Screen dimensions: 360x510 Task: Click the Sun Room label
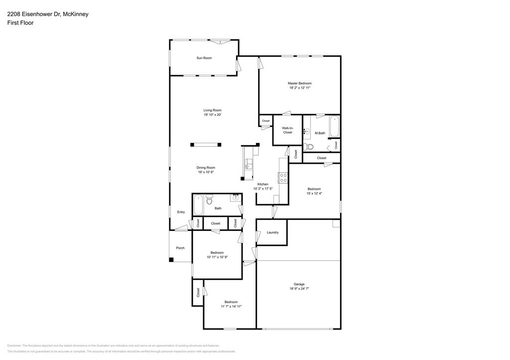point(204,58)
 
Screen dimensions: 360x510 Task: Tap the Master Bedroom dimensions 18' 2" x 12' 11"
point(300,88)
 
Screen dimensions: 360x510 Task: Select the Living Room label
point(212,110)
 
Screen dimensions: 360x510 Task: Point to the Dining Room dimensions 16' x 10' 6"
point(206,172)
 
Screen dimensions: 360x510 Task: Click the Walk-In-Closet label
point(287,130)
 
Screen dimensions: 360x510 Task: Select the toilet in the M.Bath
point(308,146)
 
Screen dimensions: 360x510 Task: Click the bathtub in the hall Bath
point(198,205)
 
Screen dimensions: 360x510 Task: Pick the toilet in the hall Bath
point(210,200)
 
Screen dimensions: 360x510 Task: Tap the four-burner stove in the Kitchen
point(283,178)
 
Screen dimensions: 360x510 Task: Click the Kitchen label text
point(262,184)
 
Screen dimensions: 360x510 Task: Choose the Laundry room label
point(272,233)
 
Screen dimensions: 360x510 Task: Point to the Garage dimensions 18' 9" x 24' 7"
point(299,289)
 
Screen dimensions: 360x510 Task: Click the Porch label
point(180,248)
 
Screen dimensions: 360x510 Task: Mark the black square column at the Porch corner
point(171,259)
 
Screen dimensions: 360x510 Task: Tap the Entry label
point(181,212)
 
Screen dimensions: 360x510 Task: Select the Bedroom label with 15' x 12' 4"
point(314,189)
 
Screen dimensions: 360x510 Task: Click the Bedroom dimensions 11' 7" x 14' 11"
point(231,307)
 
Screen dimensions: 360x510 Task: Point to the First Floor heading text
point(20,23)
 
